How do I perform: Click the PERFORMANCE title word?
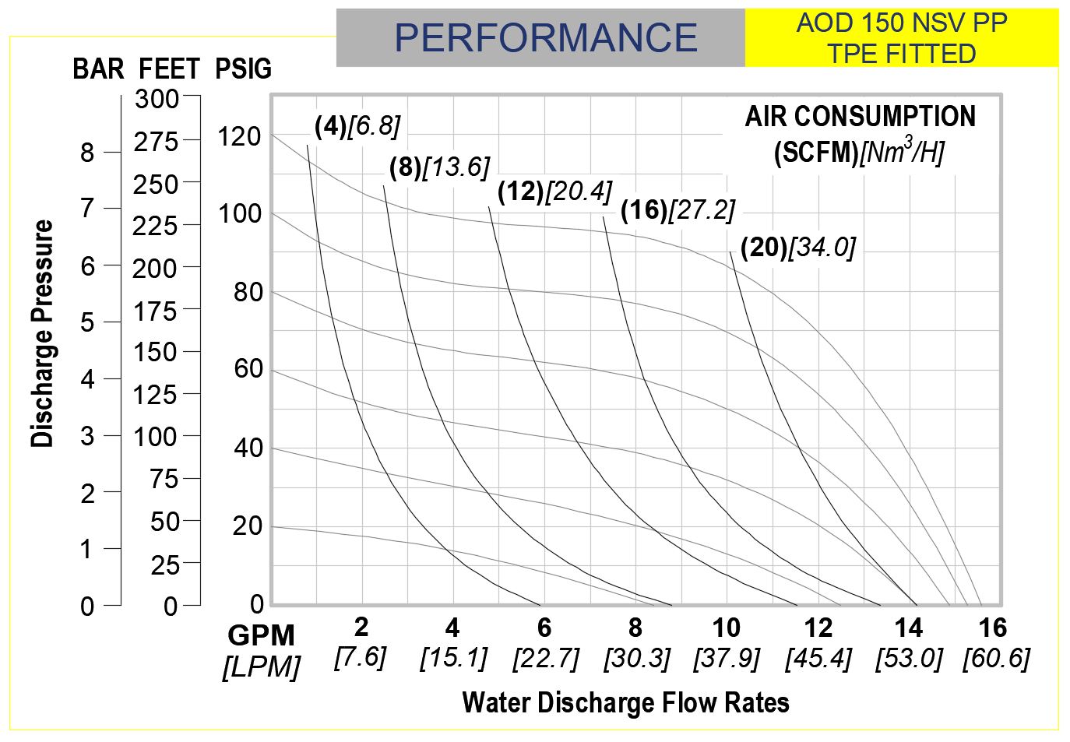(545, 38)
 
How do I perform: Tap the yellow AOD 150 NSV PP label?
(902, 23)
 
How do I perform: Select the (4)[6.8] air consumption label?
(357, 126)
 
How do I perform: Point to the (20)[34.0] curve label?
(797, 248)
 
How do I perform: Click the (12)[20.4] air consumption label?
(554, 192)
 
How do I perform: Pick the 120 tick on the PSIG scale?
(239, 137)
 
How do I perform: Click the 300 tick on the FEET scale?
(157, 99)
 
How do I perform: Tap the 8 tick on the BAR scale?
(87, 153)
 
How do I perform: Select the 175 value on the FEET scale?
(155, 311)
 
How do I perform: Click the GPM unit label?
(262, 636)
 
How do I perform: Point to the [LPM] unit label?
(262, 667)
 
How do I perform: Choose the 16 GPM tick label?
(993, 628)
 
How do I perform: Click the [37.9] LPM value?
(727, 659)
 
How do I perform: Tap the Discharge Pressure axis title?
(43, 333)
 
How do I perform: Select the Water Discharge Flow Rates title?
(625, 702)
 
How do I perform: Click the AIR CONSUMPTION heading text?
(860, 117)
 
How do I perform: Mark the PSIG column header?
(243, 69)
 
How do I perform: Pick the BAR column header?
(98, 69)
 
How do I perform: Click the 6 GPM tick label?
(544, 628)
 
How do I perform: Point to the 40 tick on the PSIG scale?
(248, 448)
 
